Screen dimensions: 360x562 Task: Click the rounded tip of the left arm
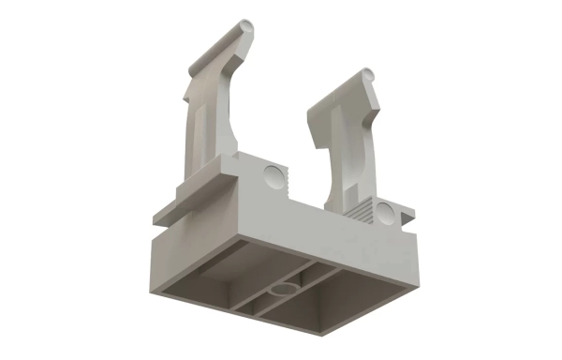click(246, 24)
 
